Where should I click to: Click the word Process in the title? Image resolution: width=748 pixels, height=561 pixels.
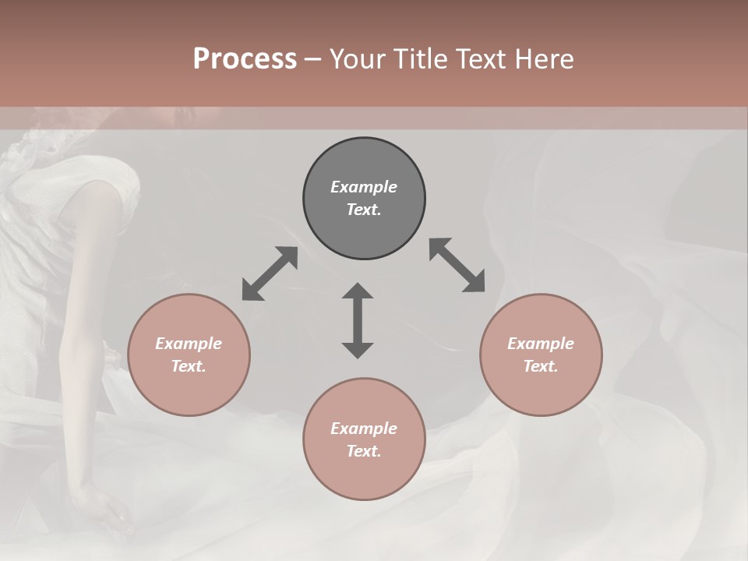coord(245,58)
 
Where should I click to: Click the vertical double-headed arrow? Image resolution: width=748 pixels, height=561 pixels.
coord(358,320)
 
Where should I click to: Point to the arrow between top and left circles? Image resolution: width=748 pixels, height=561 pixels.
coord(270,273)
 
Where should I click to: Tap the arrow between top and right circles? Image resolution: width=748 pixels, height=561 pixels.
coord(457,265)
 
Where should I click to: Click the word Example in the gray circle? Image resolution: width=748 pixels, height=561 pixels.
coord(364,187)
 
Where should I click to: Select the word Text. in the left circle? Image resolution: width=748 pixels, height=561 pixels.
coord(189,366)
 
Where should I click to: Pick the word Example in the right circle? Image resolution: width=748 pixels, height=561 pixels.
coord(541,344)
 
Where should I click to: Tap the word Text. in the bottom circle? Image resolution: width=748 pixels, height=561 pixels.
coord(364,451)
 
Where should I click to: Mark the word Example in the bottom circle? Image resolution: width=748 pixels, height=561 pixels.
coord(364,429)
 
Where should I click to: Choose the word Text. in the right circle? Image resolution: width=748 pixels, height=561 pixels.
coord(541,366)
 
